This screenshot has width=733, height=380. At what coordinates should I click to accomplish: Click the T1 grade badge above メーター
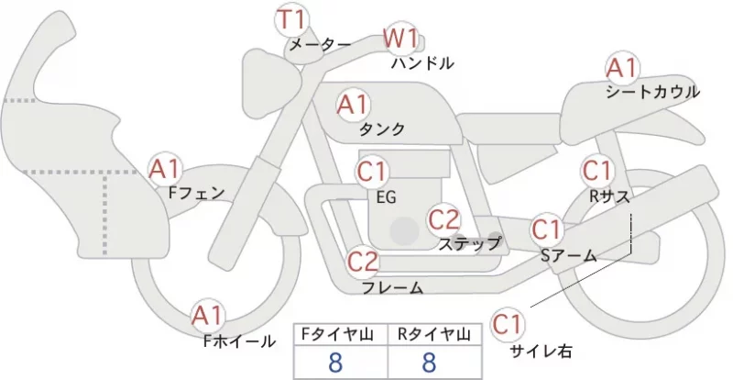point(290,20)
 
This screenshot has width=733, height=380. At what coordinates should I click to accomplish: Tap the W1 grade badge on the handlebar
point(400,39)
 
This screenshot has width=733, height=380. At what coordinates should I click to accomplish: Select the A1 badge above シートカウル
point(622,69)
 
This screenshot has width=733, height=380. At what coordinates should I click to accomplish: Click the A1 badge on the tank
point(353,105)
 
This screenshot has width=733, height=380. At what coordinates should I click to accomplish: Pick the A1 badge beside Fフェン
point(164,169)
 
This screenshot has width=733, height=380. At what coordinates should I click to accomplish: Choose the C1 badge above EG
point(372,172)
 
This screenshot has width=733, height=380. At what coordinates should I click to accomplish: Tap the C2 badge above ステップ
point(444,219)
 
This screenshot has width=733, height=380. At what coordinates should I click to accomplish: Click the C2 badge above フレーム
point(362,262)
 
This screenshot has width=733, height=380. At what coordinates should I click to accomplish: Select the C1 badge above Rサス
point(597,171)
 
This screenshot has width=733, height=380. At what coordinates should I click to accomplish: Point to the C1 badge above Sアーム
point(546,229)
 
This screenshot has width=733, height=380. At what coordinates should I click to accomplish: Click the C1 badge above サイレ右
point(508,324)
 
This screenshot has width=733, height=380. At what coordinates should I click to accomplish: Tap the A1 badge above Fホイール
point(208,317)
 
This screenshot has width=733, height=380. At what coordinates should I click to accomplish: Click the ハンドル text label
point(422,63)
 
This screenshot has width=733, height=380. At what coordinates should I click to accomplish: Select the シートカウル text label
point(652,92)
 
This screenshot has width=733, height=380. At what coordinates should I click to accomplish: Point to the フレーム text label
point(393,287)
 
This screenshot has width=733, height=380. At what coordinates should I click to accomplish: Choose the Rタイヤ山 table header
point(433,334)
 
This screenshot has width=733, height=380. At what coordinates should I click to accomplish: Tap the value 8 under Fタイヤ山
point(335,363)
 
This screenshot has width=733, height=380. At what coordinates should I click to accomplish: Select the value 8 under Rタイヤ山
point(429,363)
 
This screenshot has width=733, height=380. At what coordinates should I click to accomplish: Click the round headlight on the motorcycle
point(271,84)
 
